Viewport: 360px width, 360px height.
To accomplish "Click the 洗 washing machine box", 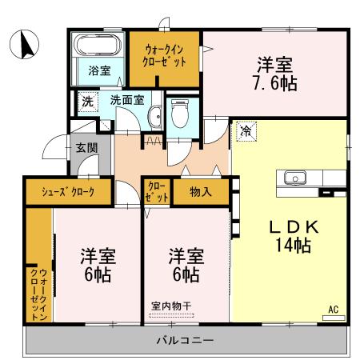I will click(87, 102).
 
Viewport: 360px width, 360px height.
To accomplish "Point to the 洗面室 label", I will click(126, 101).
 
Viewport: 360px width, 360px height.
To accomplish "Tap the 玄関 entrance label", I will click(86, 147).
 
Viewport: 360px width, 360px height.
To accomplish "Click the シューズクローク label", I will click(68, 192).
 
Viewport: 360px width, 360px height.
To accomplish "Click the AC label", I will click(334, 308).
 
